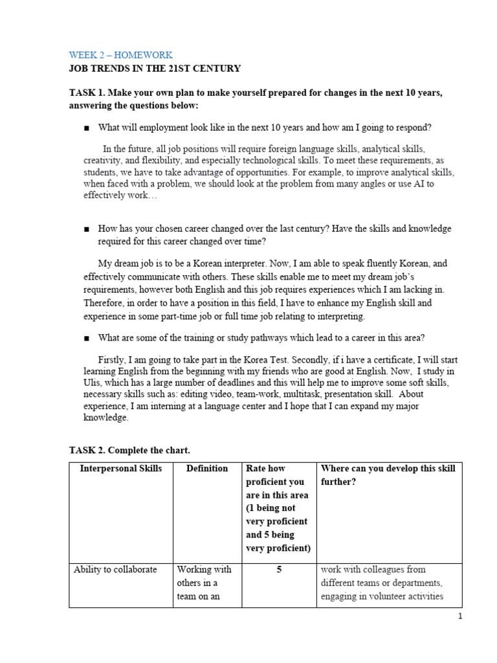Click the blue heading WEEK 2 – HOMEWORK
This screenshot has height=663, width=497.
(121, 55)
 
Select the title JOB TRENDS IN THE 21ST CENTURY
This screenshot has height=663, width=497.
(155, 68)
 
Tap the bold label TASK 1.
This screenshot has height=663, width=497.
(88, 93)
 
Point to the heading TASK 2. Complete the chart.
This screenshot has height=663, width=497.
(129, 449)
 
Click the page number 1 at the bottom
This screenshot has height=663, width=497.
(460, 617)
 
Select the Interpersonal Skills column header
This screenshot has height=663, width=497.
(121, 468)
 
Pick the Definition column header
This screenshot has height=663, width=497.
(207, 468)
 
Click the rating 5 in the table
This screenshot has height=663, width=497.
(279, 569)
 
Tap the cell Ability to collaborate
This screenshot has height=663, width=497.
(115, 569)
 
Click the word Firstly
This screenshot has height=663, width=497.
(114, 359)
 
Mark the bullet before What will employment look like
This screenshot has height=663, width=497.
(86, 128)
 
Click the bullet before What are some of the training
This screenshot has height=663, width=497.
(86, 338)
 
